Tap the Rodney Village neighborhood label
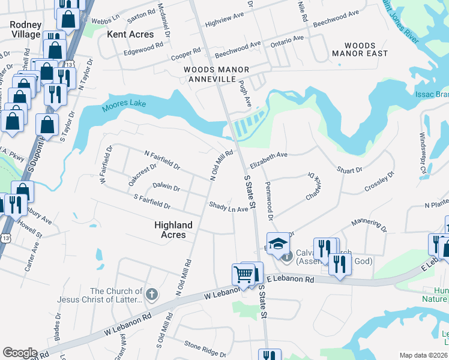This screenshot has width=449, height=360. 25,29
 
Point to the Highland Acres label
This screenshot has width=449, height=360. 173,230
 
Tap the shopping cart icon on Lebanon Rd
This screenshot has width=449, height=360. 243,275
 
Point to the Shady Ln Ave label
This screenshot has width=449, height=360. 228,207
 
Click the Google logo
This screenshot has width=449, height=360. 20,352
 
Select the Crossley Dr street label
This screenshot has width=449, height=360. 379,182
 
